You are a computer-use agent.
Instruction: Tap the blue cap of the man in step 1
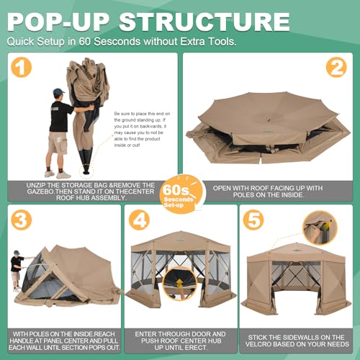click(x=58, y=92)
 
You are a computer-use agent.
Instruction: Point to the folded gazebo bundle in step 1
click(x=88, y=122)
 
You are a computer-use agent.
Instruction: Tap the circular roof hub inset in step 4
click(x=180, y=285)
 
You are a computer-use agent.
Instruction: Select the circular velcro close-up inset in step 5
click(x=319, y=228)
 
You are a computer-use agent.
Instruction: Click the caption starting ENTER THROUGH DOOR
click(x=181, y=338)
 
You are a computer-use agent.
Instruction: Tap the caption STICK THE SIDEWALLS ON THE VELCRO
click(x=298, y=338)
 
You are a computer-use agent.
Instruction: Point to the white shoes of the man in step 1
click(x=57, y=174)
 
